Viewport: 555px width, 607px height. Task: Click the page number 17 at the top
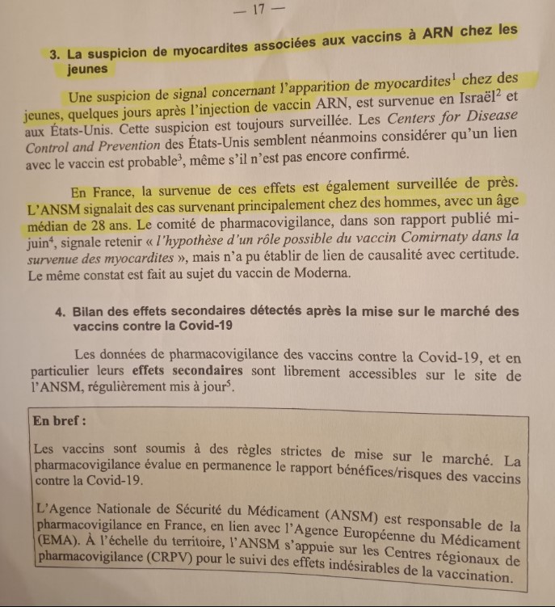[259, 11]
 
